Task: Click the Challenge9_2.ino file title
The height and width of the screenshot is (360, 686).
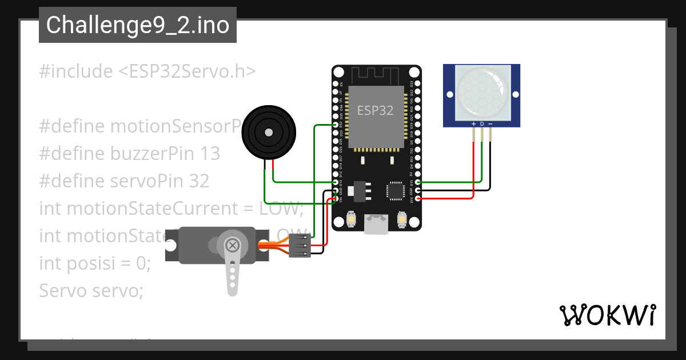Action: tap(138, 25)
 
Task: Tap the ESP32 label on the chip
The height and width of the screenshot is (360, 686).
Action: tap(376, 111)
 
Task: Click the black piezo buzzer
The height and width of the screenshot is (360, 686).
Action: tap(268, 132)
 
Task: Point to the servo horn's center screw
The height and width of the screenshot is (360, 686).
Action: tap(232, 246)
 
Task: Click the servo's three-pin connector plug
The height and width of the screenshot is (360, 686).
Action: tap(300, 246)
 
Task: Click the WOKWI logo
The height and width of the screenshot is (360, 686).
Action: tap(607, 315)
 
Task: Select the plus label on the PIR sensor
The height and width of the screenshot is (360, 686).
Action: tap(473, 123)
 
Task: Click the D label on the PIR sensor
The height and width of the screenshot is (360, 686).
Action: tap(482, 123)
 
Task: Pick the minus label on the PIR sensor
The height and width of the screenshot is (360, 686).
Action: tap(490, 123)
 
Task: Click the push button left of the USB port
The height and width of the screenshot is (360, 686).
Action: tap(351, 218)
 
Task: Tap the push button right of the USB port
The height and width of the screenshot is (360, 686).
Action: tap(401, 218)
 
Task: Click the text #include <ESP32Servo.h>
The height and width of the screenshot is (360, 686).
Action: tap(147, 71)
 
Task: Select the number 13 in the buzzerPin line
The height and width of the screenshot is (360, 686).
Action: tap(210, 154)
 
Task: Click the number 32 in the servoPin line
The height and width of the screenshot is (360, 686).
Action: tap(199, 181)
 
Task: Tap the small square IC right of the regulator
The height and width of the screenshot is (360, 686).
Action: tap(396, 190)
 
